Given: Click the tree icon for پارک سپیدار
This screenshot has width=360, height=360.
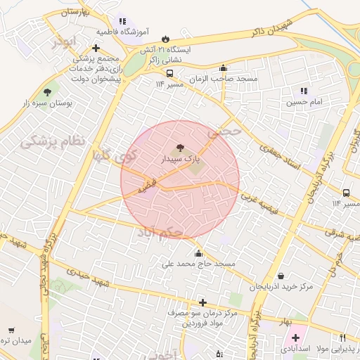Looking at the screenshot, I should [180, 148].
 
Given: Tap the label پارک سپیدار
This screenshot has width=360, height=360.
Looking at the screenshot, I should [179, 160].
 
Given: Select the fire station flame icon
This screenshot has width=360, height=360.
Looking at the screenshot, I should [165, 39].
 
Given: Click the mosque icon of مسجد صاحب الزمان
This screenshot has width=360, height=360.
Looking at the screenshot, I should [224, 68].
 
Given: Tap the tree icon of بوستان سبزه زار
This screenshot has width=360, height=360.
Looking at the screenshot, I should [48, 91].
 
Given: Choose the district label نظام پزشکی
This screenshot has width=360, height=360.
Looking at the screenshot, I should [52, 141].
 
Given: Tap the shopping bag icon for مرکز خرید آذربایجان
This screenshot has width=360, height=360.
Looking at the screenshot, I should [282, 276].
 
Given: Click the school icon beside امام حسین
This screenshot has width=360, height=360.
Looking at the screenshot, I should [304, 91].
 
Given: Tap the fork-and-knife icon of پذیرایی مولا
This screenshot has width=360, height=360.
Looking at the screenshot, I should [342, 337].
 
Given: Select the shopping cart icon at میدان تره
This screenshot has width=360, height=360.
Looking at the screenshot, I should [11, 330].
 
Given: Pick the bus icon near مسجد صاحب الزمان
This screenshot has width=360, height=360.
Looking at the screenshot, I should [169, 72].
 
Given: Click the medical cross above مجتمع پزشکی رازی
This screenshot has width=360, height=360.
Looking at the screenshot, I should [96, 48].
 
